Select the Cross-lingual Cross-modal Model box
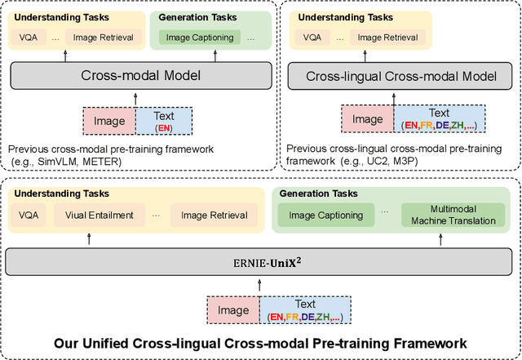pyautogui.click(x=400, y=76)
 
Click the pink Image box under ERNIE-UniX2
pyautogui.click(x=233, y=309)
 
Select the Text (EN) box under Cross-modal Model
pyautogui.click(x=164, y=121)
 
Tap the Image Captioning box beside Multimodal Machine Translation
pyautogui.click(x=323, y=216)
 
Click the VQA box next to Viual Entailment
pyautogui.click(x=32, y=216)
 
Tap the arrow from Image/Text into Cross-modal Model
pyautogui.click(x=138, y=98)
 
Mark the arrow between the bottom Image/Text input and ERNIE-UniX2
pyautogui.click(x=259, y=282)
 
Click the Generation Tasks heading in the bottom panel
pyautogui.click(x=314, y=193)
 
